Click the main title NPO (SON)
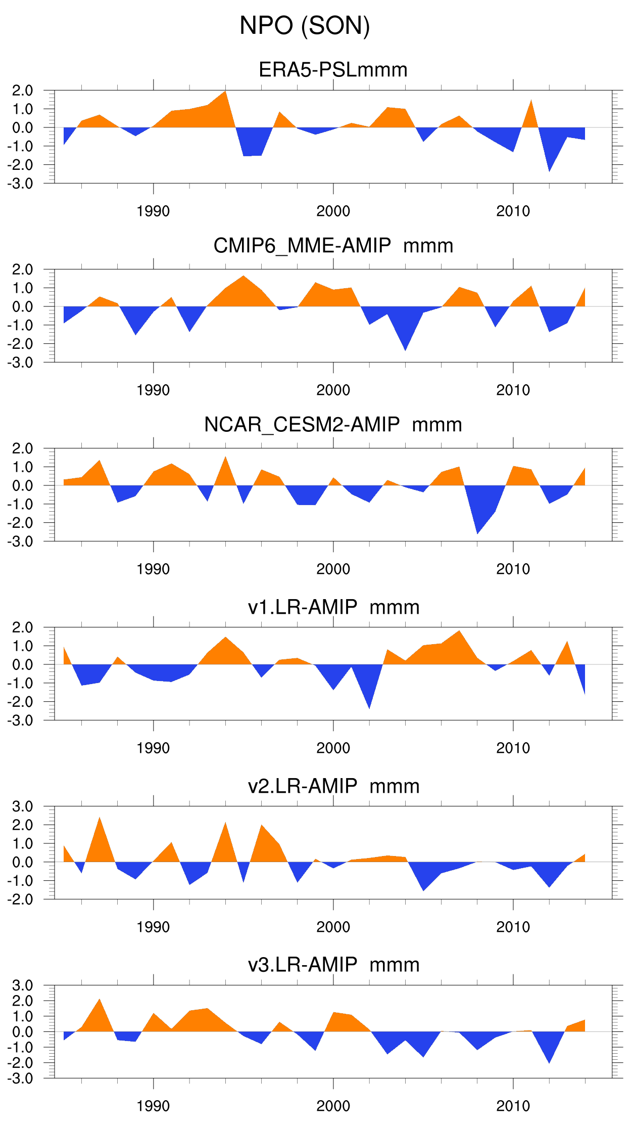click(305, 25)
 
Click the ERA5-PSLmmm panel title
click(333, 70)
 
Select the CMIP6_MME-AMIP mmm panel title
click(333, 246)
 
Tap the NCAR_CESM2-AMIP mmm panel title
click(333, 425)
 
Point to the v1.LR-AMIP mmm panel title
click(333, 607)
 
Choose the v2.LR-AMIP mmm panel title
click(333, 786)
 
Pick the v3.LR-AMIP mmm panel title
click(333, 965)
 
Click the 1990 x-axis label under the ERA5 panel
click(153, 211)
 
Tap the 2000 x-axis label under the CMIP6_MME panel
click(333, 390)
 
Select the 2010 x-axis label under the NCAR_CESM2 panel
click(513, 569)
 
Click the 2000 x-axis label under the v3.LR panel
click(333, 1106)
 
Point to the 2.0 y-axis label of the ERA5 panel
click(22, 91)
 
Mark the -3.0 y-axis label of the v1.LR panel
click(20, 720)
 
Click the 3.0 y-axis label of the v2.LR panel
click(22, 806)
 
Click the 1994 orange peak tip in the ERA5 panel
click(225, 92)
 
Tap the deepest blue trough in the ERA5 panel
click(549, 171)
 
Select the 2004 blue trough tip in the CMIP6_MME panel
click(405, 350)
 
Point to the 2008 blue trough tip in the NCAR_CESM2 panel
click(477, 533)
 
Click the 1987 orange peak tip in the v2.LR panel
click(100, 818)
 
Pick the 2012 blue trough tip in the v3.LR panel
click(549, 1063)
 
